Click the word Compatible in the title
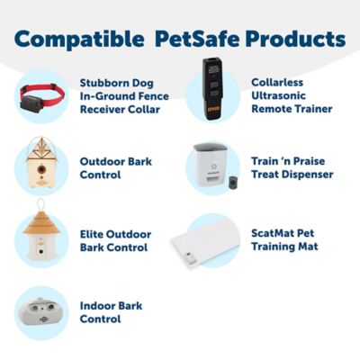click(73, 40)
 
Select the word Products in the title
click(297, 40)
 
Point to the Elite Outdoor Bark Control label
click(115, 240)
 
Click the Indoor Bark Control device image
click(42, 310)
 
